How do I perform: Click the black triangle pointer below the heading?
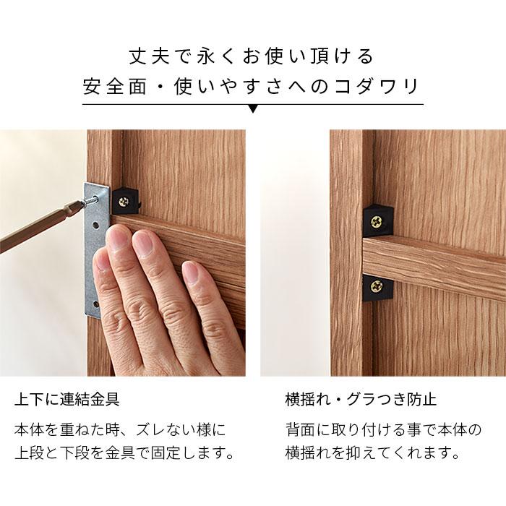[253, 110]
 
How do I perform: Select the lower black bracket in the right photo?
[377, 287]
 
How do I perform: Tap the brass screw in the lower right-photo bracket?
[375, 287]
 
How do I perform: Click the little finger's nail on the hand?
[190, 272]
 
